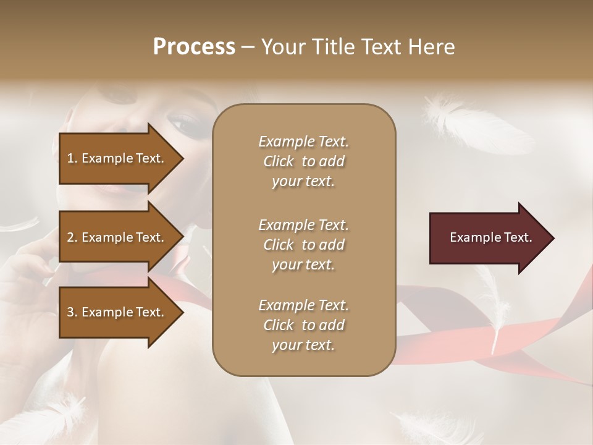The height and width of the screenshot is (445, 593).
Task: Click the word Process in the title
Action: (x=194, y=47)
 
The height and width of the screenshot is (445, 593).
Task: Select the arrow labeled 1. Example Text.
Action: (x=117, y=158)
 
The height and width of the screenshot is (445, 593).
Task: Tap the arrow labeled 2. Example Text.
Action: (x=117, y=237)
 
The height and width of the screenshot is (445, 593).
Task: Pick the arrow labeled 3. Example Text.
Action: (x=117, y=312)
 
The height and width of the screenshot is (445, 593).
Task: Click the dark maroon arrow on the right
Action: (x=488, y=238)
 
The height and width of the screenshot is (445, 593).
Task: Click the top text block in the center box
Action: (x=303, y=161)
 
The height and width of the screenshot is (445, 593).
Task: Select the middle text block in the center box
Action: (x=303, y=245)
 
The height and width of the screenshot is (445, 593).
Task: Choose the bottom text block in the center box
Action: (x=303, y=325)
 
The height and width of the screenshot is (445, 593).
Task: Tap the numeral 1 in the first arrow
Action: (x=70, y=158)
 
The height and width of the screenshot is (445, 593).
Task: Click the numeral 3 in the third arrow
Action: (x=70, y=312)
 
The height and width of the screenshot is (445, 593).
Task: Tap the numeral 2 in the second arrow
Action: (x=70, y=237)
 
